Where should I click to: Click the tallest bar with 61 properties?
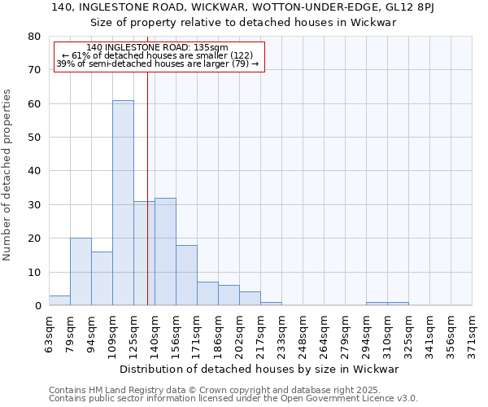pyautogui.click(x=123, y=203)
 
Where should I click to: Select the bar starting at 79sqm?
pyautogui.click(x=81, y=272)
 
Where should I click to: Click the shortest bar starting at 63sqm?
pyautogui.click(x=59, y=300)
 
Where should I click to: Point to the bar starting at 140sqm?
pyautogui.click(x=165, y=252)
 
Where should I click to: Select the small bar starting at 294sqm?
pyautogui.click(x=377, y=304)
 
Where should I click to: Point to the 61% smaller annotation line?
pyautogui.click(x=158, y=55)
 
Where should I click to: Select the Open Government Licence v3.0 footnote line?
pyautogui.click(x=233, y=398)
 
